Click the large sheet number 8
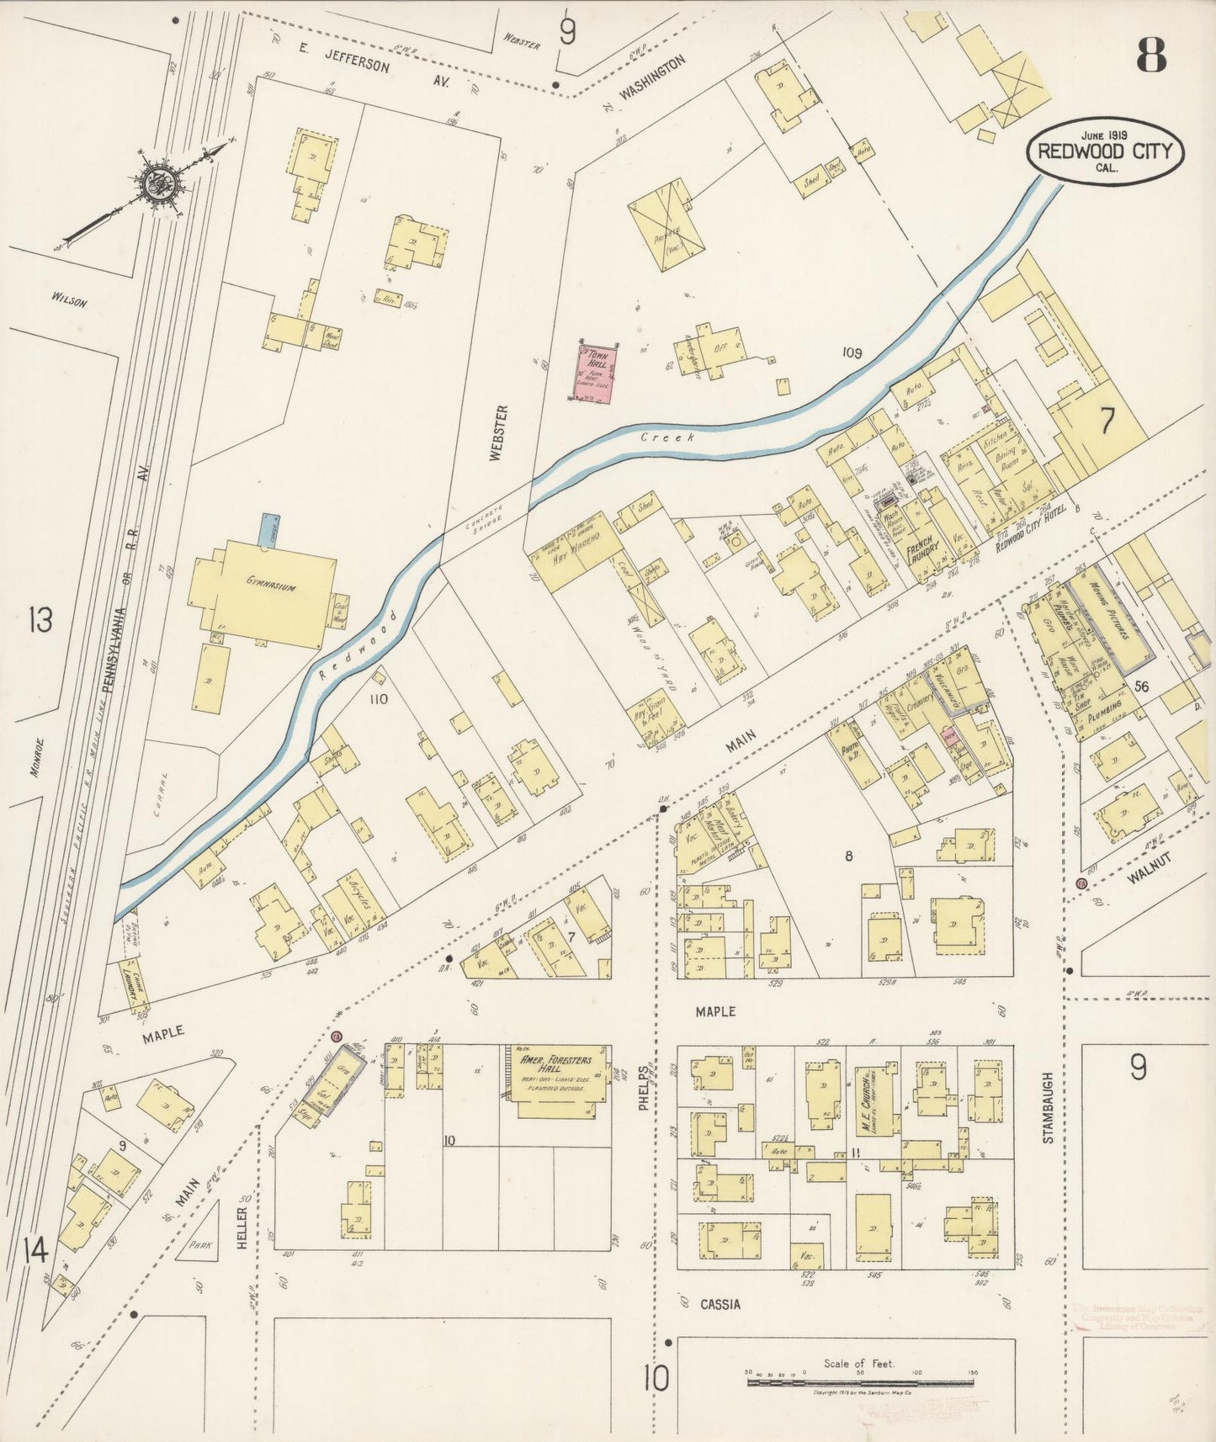click(1151, 56)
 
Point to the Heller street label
click(242, 1227)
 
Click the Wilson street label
click(69, 299)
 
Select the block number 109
click(852, 353)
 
